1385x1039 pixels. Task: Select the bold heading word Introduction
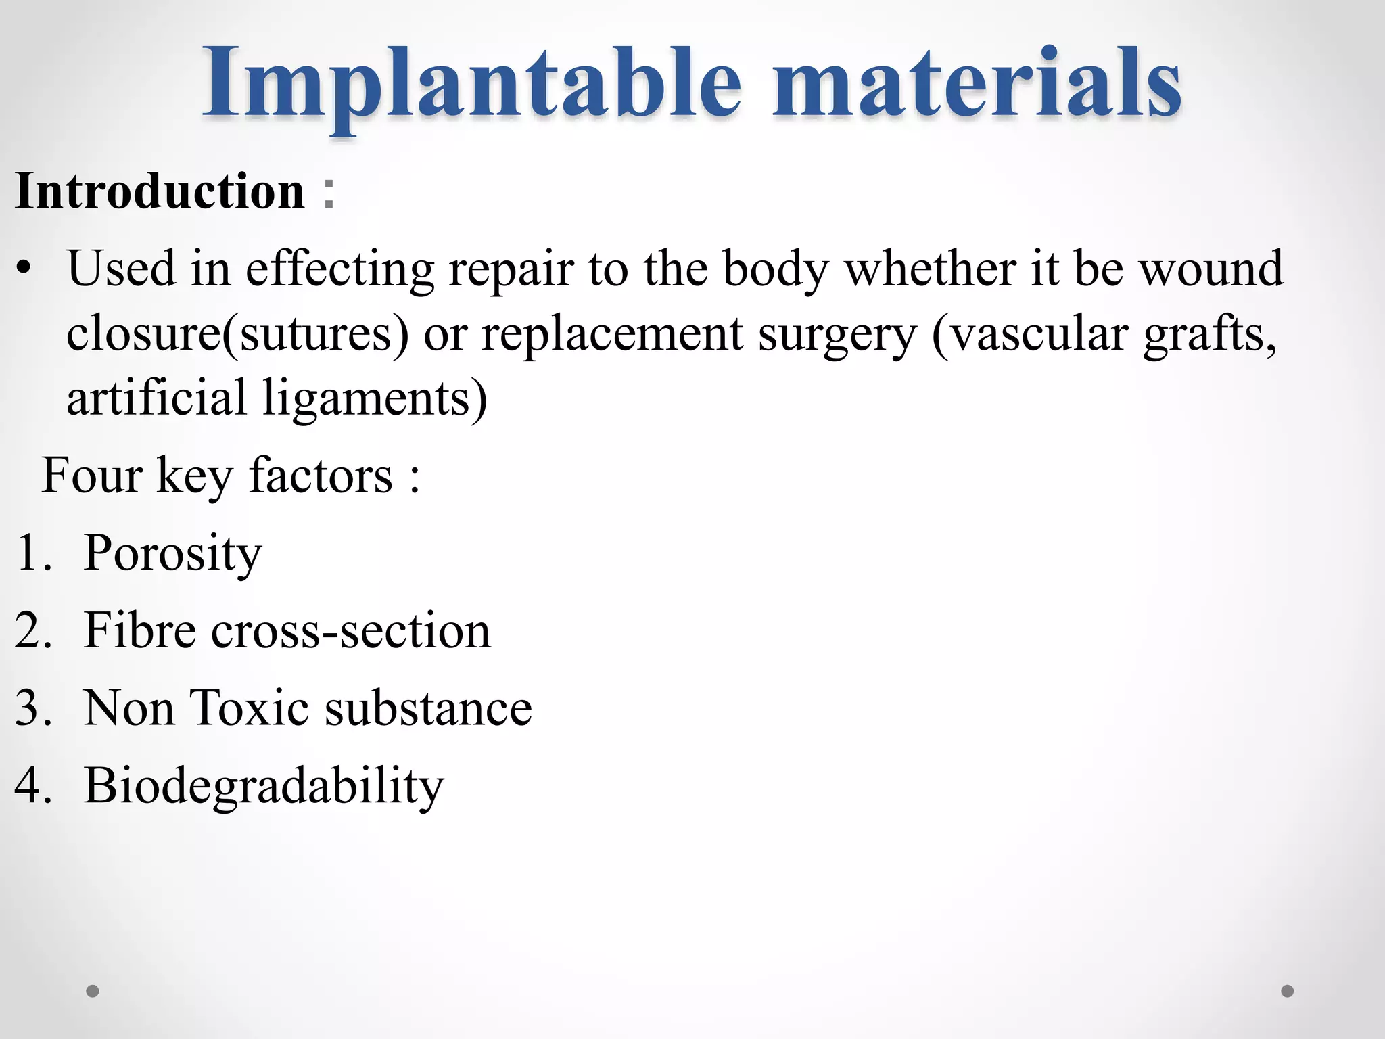pyautogui.click(x=160, y=191)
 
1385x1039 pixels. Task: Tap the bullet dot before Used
pyautogui.click(x=25, y=270)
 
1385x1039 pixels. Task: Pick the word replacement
pyautogui.click(x=612, y=334)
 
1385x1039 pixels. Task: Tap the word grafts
pyautogui.click(x=1211, y=334)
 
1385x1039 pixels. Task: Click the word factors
pyautogui.click(x=321, y=476)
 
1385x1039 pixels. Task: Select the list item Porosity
pyautogui.click(x=172, y=554)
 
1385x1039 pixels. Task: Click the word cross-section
pyautogui.click(x=350, y=631)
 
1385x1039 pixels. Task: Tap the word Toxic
pyautogui.click(x=250, y=708)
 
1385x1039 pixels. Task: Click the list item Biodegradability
pyautogui.click(x=264, y=786)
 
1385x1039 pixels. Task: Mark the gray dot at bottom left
pyautogui.click(x=93, y=991)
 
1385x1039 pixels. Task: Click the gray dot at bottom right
pyautogui.click(x=1288, y=991)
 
